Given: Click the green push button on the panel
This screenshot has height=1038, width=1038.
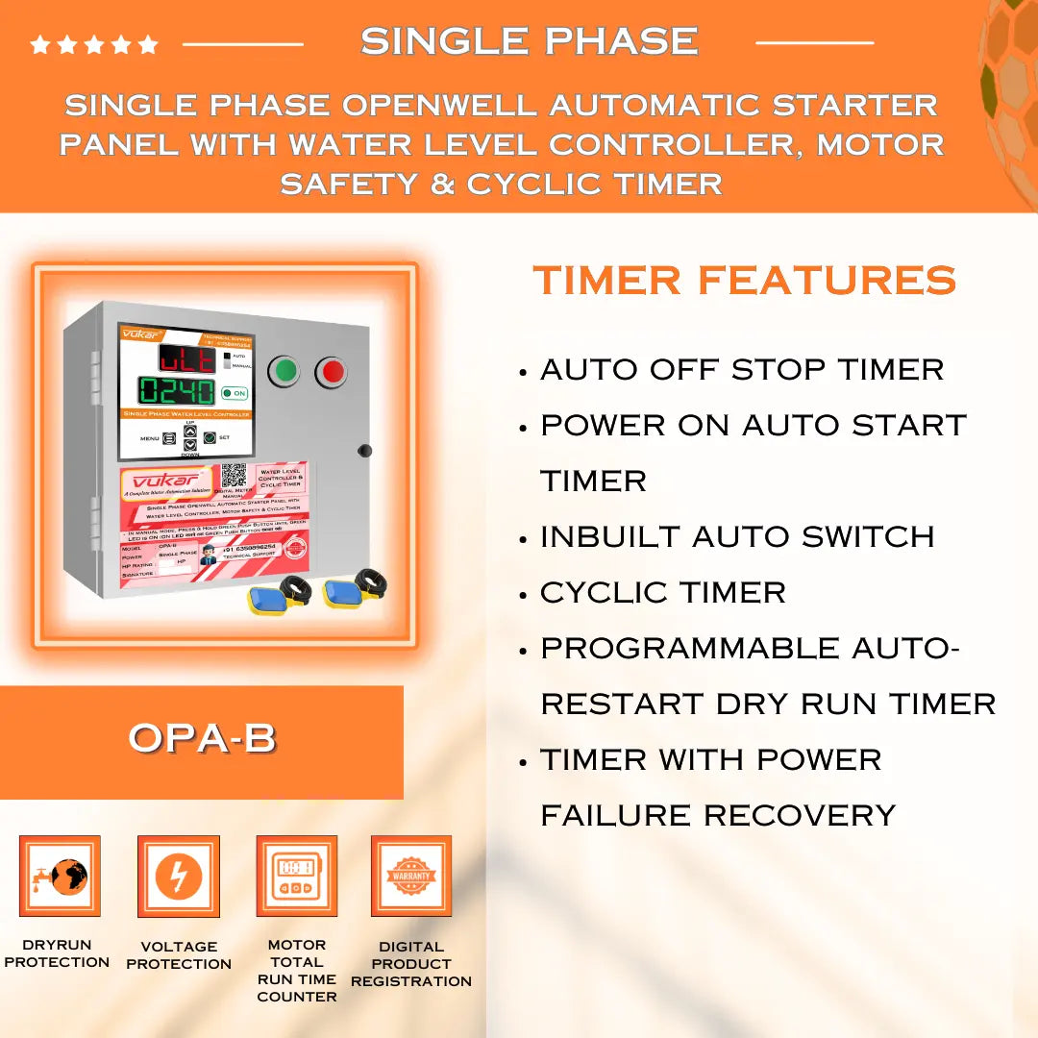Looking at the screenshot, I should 284,371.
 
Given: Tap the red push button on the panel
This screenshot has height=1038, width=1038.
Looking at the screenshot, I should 332,371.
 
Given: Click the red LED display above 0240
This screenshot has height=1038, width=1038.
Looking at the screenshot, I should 187,358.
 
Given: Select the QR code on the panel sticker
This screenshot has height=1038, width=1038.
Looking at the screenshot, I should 234,476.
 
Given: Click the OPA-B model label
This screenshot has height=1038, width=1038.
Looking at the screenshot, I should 202,738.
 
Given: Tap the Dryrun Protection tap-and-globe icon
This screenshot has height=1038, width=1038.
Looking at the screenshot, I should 60,876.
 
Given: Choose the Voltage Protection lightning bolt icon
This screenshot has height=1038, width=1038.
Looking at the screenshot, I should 179,876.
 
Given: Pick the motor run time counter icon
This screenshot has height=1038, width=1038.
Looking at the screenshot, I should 296,876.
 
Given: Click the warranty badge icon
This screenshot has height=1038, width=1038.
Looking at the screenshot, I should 411,876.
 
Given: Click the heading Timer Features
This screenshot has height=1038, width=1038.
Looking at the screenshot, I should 744,281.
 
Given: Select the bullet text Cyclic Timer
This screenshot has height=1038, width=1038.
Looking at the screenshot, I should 662,592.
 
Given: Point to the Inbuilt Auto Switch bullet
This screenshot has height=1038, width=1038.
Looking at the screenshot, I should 737,536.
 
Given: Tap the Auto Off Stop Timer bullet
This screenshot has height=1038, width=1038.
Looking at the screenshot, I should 742,369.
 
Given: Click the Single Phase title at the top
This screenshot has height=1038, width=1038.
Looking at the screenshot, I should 530,40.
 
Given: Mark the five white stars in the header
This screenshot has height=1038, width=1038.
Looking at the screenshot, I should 93,44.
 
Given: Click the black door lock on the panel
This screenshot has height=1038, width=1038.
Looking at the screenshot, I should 364,450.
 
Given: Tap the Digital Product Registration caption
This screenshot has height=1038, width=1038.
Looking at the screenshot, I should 411,963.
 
